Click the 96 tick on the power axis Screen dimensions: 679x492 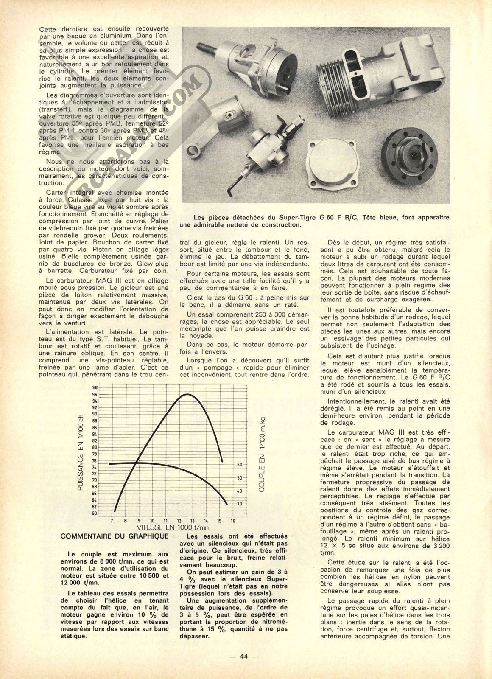[x=94, y=394]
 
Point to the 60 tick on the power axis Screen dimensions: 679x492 [x=94, y=513]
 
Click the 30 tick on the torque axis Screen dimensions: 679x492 [x=240, y=504]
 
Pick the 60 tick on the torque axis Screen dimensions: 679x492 [x=240, y=465]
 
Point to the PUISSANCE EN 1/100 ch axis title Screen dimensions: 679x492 [x=81, y=452]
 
